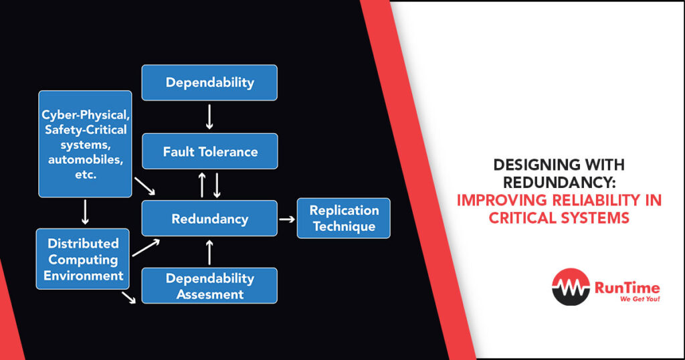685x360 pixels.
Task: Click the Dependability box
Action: [x=209, y=83]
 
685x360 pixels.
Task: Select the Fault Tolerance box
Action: [x=209, y=151]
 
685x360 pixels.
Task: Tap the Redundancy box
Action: [x=209, y=218]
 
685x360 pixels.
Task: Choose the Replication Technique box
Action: [x=344, y=218]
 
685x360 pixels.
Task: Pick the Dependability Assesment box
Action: [x=209, y=286]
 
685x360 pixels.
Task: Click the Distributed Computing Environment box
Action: [x=82, y=259]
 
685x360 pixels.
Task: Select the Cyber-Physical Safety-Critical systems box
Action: [x=85, y=144]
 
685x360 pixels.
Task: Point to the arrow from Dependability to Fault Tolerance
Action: [x=209, y=116]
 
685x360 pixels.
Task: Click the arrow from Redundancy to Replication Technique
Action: [x=287, y=219]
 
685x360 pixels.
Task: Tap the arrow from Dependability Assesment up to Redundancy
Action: [x=209, y=252]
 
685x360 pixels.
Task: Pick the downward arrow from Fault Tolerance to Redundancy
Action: [x=217, y=184]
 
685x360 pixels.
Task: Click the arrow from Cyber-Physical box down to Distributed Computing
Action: [x=85, y=213]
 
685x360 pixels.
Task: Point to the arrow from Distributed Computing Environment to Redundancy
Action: [x=146, y=248]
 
